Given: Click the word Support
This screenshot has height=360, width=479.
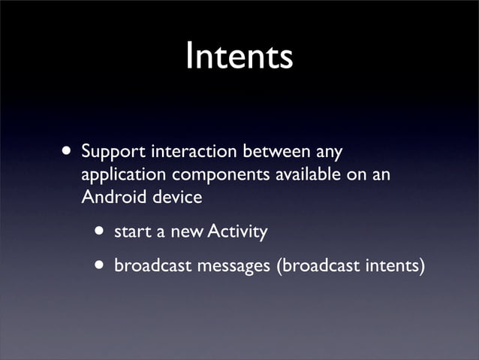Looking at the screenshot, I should [113, 152].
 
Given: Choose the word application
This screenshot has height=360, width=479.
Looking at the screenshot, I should [124, 177].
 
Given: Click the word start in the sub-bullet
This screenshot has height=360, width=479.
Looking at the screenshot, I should [130, 232].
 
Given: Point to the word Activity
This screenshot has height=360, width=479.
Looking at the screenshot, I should [236, 232].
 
